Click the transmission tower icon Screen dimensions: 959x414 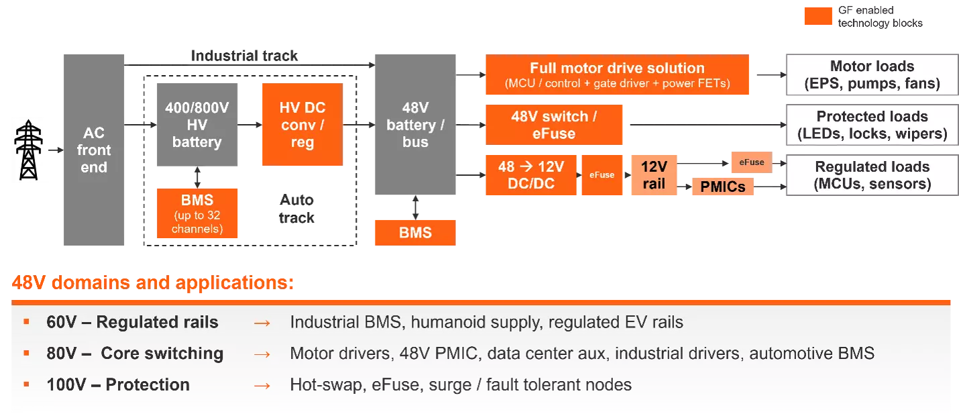click(28, 150)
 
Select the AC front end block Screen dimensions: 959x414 click(94, 150)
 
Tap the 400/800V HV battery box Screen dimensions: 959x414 click(197, 124)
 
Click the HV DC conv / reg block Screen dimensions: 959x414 click(302, 124)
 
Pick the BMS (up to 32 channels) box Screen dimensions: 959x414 click(197, 213)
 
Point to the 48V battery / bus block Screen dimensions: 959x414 click(415, 124)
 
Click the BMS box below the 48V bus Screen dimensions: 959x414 click(415, 233)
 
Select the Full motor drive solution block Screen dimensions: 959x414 click(617, 74)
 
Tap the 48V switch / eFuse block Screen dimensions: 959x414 click(554, 125)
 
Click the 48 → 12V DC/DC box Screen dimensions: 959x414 click(531, 175)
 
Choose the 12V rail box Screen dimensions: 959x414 click(654, 175)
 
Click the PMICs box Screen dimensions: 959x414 click(723, 187)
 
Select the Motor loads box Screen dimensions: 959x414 click(872, 74)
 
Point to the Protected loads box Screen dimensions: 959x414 click(872, 125)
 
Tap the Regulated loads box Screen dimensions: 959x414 click(872, 175)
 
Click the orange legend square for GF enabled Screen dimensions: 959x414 click(818, 16)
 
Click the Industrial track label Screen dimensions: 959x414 click(244, 56)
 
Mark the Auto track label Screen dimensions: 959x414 click(296, 209)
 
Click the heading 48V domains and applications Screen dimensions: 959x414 click(153, 283)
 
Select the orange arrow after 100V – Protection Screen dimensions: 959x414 click(262, 386)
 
